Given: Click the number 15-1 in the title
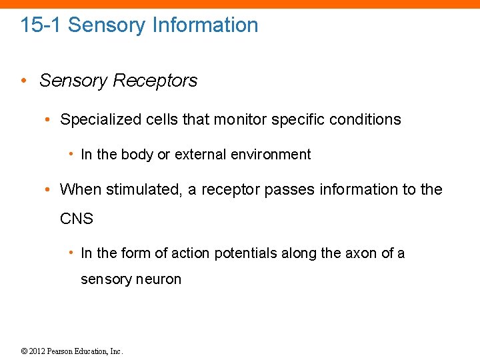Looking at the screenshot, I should pyautogui.click(x=41, y=25).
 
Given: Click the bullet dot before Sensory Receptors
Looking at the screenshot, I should pyautogui.click(x=23, y=81).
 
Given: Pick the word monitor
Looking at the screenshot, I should pyautogui.click(x=249, y=120).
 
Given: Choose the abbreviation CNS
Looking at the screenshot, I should pyautogui.click(x=77, y=219).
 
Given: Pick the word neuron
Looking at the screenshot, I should pyautogui.click(x=159, y=279).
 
